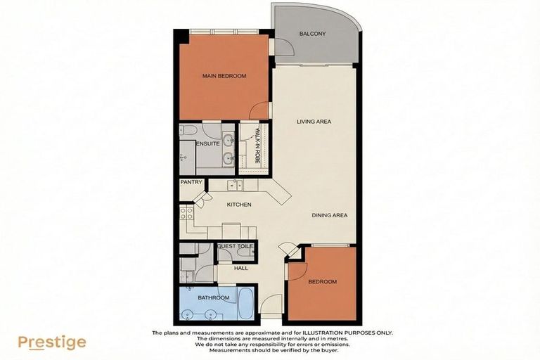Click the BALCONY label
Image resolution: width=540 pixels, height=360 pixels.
[x=312, y=34]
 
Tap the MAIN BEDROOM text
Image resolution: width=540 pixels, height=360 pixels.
[x=224, y=76]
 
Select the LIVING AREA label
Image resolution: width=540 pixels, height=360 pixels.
[x=314, y=122]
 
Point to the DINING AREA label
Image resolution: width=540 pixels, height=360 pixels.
[x=330, y=215]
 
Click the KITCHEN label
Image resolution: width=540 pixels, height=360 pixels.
[x=238, y=204]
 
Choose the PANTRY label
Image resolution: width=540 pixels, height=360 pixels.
[x=191, y=182]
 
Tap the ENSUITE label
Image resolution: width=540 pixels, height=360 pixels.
[x=209, y=143]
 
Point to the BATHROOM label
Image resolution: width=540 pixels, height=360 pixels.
[x=213, y=298]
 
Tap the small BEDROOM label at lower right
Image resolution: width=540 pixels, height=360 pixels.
[x=322, y=282]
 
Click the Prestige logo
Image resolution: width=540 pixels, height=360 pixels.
[x=52, y=342]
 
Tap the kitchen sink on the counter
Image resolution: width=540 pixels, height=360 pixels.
[x=235, y=186]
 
